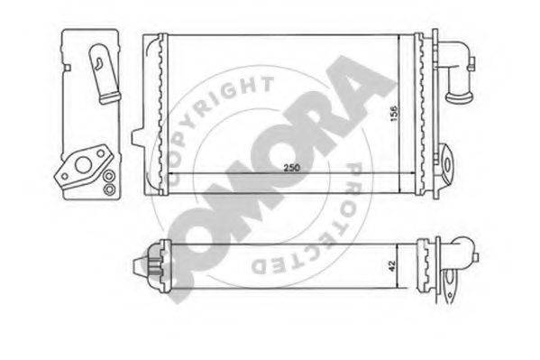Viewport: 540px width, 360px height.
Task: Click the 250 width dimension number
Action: (292, 168)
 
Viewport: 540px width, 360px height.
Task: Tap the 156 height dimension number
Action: (394, 114)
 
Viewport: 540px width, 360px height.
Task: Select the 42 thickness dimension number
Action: (391, 265)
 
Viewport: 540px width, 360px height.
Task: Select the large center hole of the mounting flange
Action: (83, 165)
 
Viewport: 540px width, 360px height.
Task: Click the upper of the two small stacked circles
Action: (109, 176)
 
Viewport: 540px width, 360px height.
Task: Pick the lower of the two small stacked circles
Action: (109, 189)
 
